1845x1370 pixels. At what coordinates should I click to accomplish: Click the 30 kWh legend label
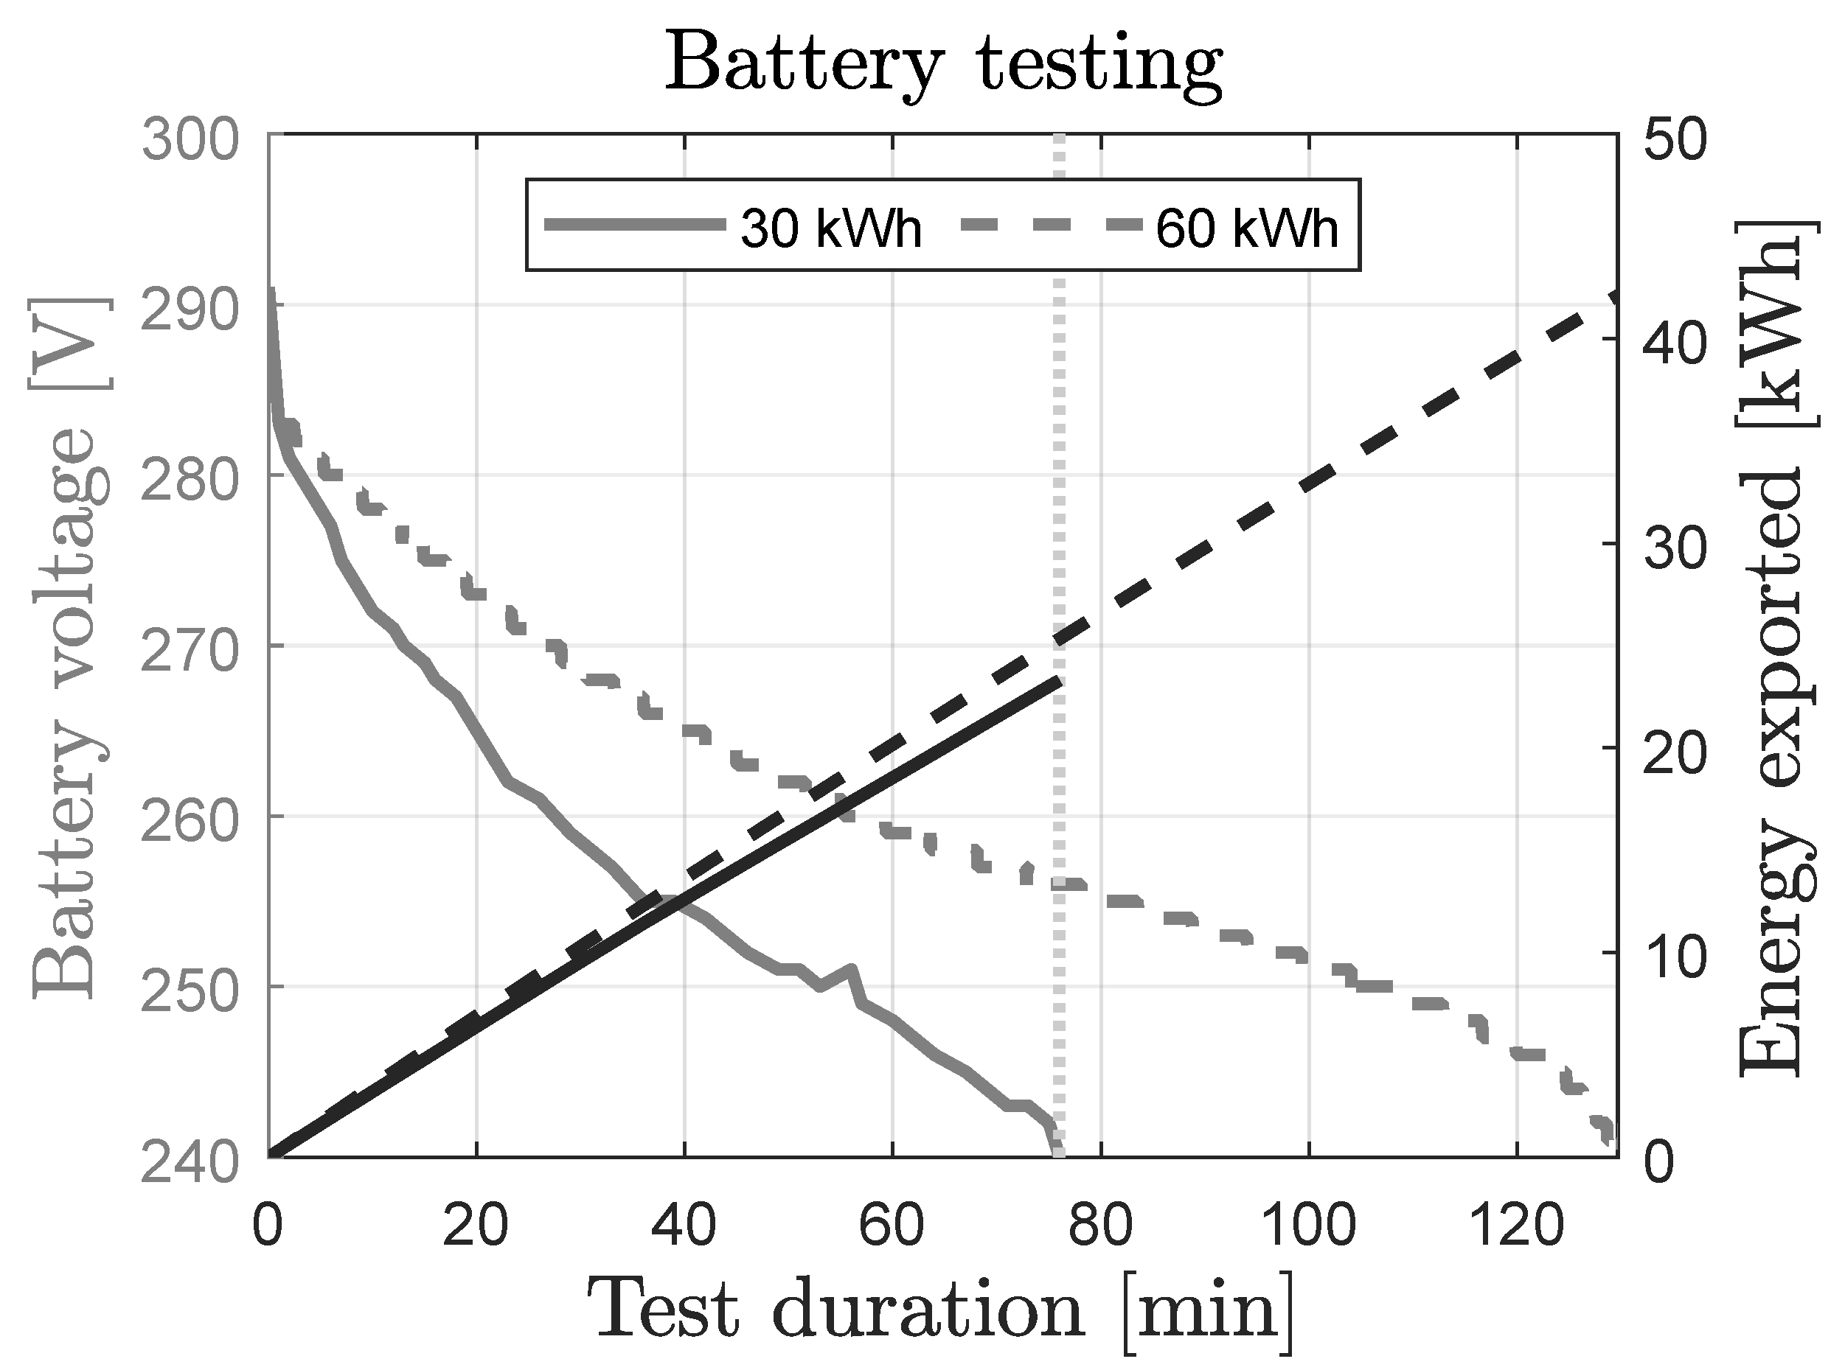(x=830, y=228)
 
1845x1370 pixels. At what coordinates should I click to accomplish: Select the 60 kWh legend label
(x=1247, y=228)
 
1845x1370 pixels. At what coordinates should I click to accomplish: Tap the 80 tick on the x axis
(x=1100, y=1226)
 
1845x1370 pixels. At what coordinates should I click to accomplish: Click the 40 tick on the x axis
(x=684, y=1226)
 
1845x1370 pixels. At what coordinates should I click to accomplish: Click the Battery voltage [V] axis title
(x=68, y=647)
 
